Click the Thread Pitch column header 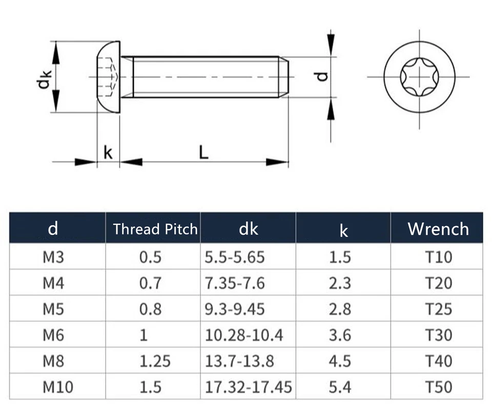click(155, 229)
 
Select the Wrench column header click(438, 229)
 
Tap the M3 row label click(53, 258)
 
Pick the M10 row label click(58, 387)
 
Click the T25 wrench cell click(438, 309)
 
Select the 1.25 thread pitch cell click(155, 361)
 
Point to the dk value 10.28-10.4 click(244, 335)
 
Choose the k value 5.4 click(340, 387)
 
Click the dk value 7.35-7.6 click(235, 283)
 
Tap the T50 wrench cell click(438, 387)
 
